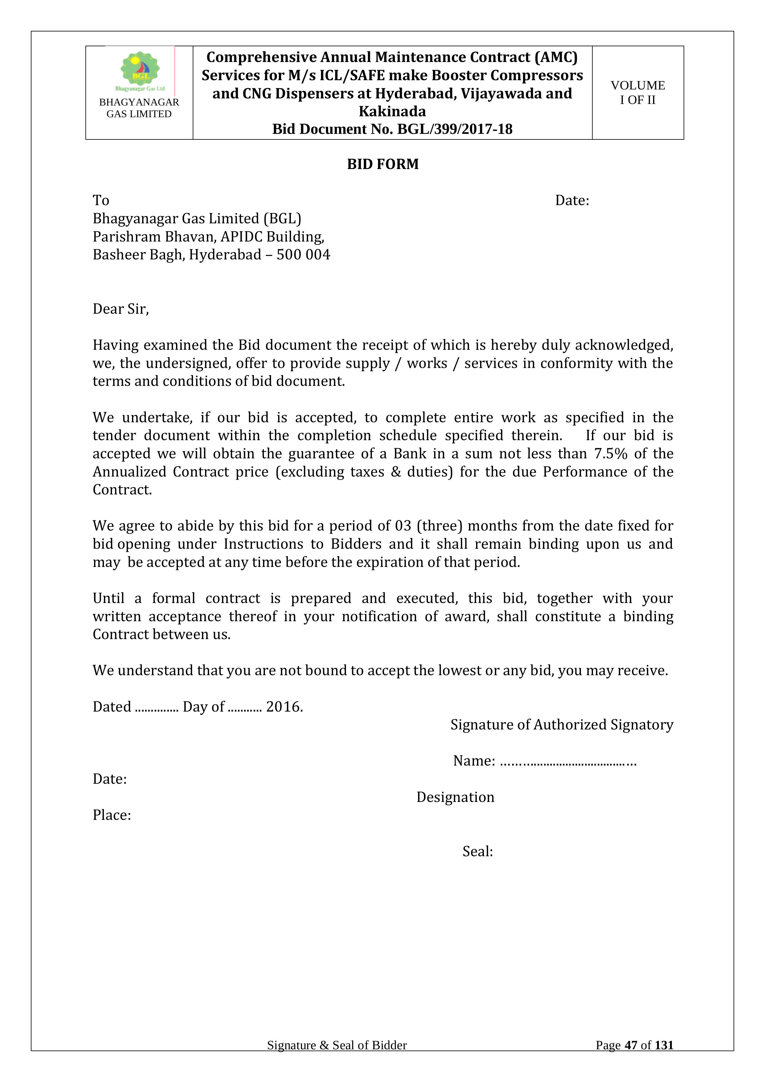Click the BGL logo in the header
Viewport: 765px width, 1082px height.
click(140, 71)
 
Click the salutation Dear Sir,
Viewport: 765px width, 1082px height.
click(121, 309)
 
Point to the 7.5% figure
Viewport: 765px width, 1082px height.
click(611, 453)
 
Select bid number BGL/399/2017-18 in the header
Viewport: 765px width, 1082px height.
click(454, 129)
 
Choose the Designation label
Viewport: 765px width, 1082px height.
click(455, 797)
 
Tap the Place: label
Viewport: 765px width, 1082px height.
click(112, 815)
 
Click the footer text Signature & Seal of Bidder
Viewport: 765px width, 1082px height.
click(337, 1045)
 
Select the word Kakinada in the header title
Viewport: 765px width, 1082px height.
click(392, 111)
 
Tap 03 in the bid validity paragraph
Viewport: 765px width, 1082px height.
click(403, 526)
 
